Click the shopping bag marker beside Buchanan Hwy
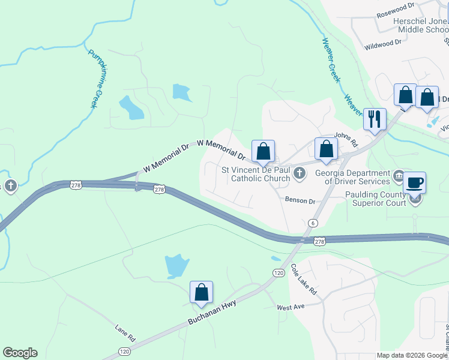(x=202, y=293)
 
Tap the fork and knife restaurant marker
(x=375, y=118)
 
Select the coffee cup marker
(x=414, y=182)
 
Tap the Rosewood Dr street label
(x=396, y=13)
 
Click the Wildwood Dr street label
(x=383, y=44)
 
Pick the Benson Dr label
(x=300, y=200)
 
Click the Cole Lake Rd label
(x=304, y=278)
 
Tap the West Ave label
(x=291, y=307)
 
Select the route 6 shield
(x=313, y=223)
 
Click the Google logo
(x=20, y=353)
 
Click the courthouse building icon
(x=399, y=177)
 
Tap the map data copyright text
(x=412, y=355)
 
